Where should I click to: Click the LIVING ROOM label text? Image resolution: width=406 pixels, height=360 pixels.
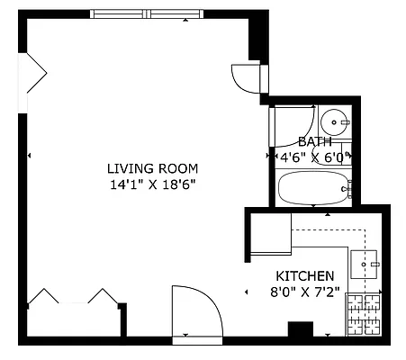pos(152,168)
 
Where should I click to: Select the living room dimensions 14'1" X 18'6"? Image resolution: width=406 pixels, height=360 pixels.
pos(152,184)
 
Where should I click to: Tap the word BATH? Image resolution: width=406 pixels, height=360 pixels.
pos(314,141)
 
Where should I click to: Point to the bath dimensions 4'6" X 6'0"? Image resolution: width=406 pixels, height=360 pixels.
pos(311,157)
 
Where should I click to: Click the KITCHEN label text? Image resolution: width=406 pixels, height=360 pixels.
pos(304,275)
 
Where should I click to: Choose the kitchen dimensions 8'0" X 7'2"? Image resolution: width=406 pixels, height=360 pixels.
pos(304,291)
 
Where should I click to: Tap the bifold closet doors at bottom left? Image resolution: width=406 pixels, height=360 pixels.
pos(72,298)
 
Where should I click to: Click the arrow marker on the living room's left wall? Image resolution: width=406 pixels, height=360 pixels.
pos(31,157)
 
